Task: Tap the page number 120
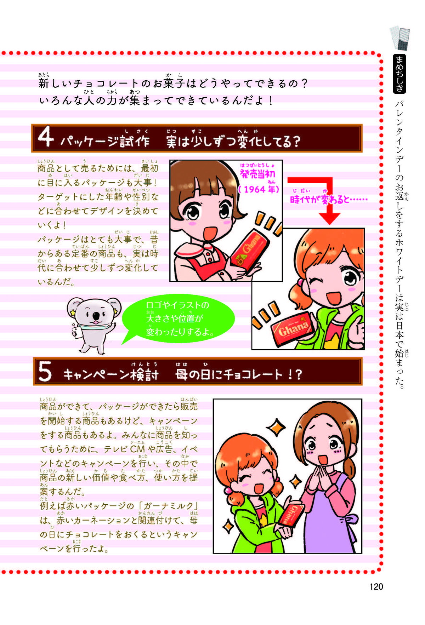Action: [376, 586]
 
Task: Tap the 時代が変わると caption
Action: [328, 199]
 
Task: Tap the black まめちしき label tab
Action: [399, 74]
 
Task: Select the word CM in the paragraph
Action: [137, 449]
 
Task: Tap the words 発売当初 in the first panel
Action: [257, 174]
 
